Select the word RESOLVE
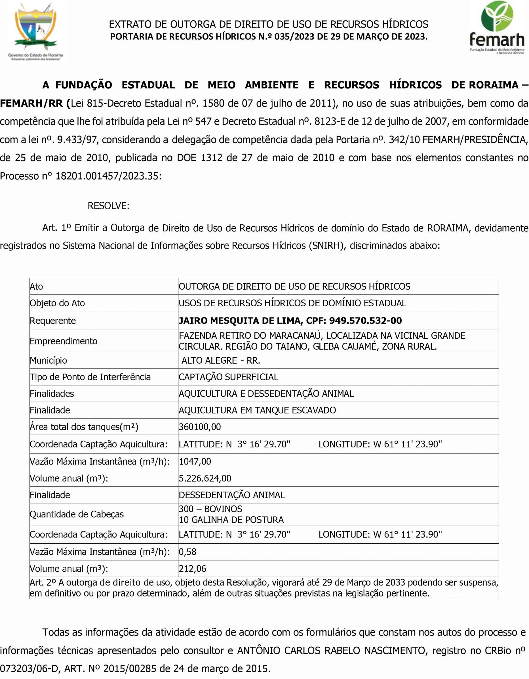[108, 206]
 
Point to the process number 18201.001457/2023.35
[108, 176]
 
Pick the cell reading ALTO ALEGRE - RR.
[221, 360]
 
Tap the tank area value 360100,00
[200, 427]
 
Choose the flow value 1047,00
[195, 461]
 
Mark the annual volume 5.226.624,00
[205, 478]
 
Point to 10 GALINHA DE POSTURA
[231, 520]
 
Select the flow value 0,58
[188, 552]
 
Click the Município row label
[48, 360]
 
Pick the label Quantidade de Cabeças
[76, 514]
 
